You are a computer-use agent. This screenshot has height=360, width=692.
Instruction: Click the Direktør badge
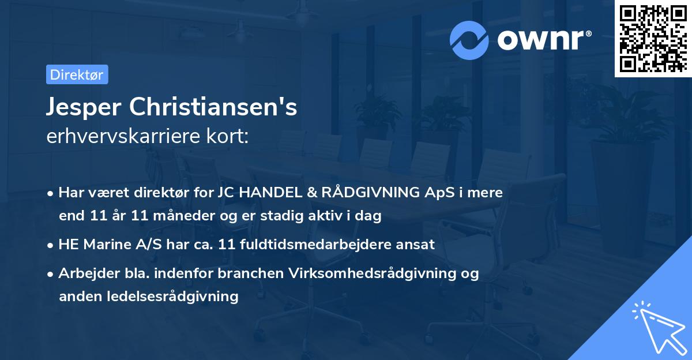tap(77, 74)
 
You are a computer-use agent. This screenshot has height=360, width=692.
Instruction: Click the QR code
tap(653, 38)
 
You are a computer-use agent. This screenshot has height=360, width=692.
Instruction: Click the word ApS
tap(438, 193)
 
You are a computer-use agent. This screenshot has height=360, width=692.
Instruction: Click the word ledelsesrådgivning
tap(172, 297)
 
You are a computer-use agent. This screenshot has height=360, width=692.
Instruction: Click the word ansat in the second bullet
tap(415, 244)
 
